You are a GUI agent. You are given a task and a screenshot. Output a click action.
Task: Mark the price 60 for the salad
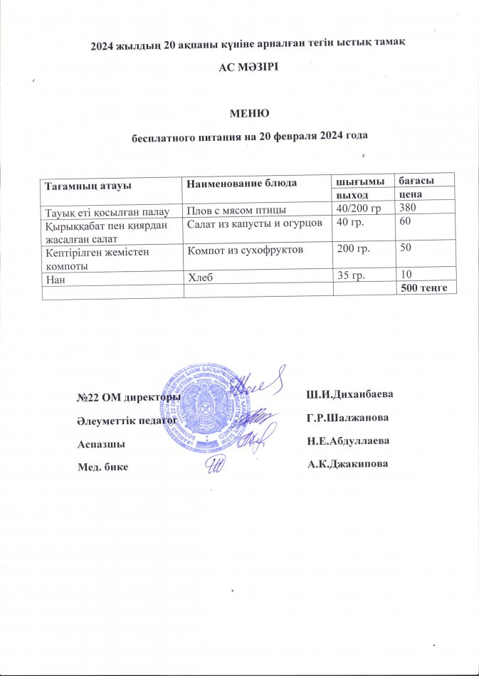(x=404, y=223)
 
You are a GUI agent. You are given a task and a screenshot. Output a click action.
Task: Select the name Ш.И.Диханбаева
(x=349, y=394)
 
